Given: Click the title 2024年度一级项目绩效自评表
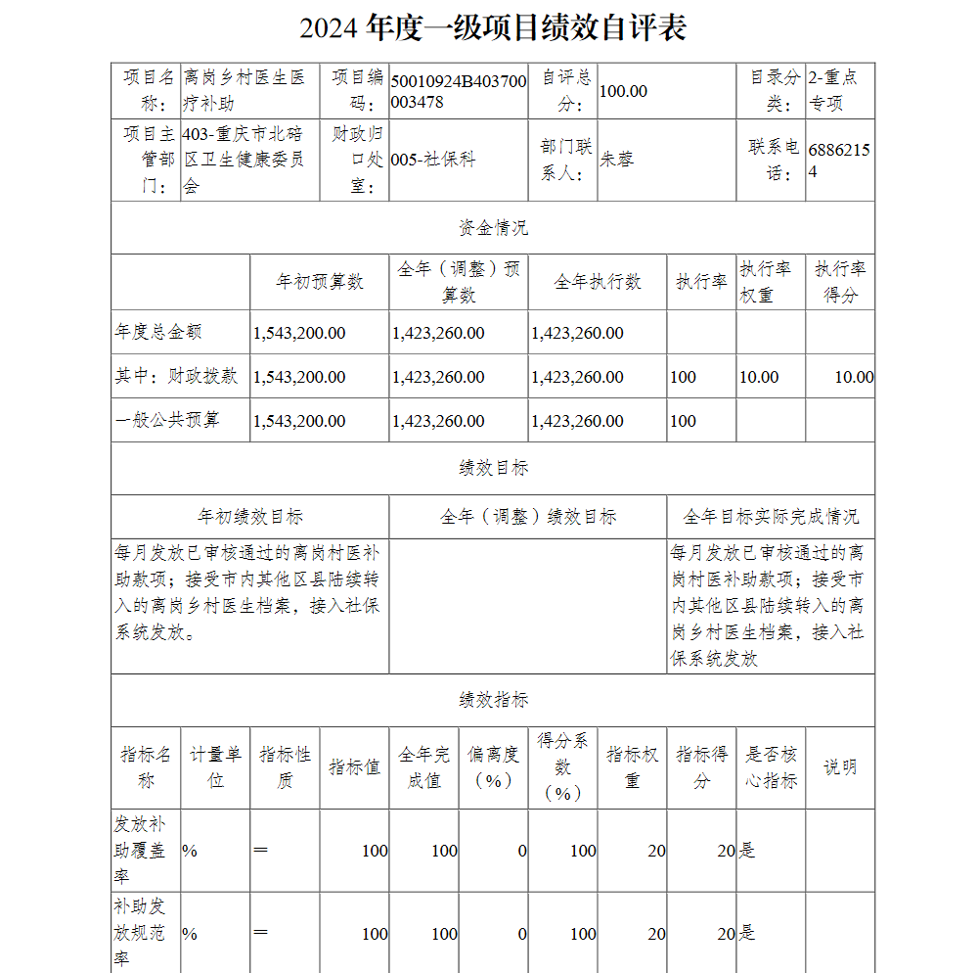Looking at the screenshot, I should coord(493,28).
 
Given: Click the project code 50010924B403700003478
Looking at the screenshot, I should coord(458,91).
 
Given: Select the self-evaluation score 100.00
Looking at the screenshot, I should coord(624,91).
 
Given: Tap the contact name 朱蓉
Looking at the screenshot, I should coord(616,159).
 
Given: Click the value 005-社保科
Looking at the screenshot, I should coord(433,159).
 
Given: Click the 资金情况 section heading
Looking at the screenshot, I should coord(493,228).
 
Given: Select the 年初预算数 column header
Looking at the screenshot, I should coord(320,282).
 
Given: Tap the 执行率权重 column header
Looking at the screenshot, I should coord(764,282).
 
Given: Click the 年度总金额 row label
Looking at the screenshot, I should coord(158,332).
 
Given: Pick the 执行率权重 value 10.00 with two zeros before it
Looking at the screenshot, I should coord(759,377).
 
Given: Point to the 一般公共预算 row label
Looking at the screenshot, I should coord(167,420).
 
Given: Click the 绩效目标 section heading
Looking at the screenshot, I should coord(493,468).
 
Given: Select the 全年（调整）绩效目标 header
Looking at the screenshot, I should coord(528,517).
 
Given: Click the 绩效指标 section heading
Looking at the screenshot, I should coord(493,700).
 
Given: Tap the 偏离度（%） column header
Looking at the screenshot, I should coord(493,767).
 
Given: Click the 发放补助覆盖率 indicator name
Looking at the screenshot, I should coord(140,851).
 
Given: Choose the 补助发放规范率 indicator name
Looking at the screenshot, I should coord(140,933).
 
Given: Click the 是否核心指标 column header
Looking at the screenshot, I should coord(771,767).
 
